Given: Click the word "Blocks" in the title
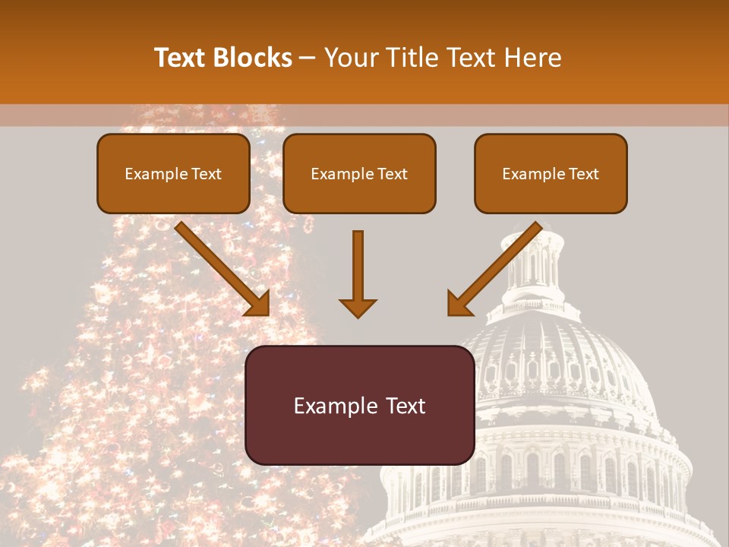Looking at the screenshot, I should click(x=252, y=58).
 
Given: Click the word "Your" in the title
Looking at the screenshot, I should click(x=349, y=58).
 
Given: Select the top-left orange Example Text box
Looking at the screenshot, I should click(x=173, y=173).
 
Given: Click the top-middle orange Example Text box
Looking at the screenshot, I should click(x=359, y=173).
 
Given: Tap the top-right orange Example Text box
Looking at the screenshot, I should click(x=551, y=173).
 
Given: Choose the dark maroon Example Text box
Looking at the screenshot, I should click(x=360, y=406).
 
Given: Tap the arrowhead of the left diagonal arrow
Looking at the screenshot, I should click(x=259, y=304).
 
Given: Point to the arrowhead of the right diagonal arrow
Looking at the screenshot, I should click(x=459, y=304).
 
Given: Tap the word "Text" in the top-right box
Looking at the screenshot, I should click(x=583, y=174).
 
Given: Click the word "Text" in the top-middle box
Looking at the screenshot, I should click(x=392, y=174).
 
